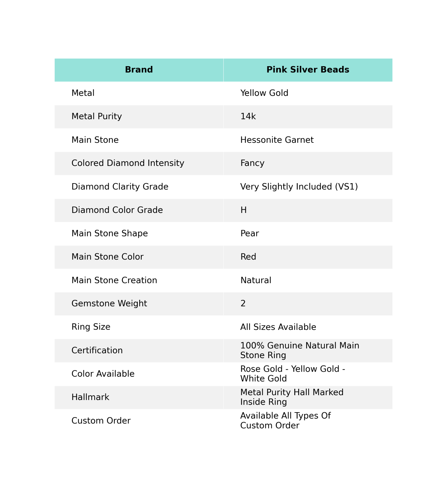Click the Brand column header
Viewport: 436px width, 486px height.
coord(139,70)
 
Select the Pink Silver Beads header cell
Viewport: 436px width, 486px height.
coord(308,70)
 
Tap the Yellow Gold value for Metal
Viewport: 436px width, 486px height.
coord(264,93)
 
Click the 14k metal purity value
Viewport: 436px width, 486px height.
coord(248,116)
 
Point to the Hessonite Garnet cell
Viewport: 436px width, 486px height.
coord(277,140)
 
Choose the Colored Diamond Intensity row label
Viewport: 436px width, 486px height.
coord(128,163)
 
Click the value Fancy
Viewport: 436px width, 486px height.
coord(252,163)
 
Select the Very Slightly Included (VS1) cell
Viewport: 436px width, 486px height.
coord(299,187)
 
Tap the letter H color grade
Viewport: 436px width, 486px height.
coord(243,210)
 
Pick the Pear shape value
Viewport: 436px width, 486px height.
coord(249,233)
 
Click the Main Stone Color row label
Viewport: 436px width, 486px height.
coord(107,257)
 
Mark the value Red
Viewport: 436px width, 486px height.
coord(248,257)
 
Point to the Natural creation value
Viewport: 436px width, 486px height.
coord(256,280)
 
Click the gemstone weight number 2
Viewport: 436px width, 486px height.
coord(243,303)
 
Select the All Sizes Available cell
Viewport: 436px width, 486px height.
coord(278,327)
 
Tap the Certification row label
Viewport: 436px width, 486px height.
coord(97,350)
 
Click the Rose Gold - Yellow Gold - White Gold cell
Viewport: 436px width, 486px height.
coord(292,374)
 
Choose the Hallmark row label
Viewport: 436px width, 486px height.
coord(90,397)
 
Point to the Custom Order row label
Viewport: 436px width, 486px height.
coord(101,420)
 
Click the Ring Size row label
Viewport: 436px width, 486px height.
coord(91,327)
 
